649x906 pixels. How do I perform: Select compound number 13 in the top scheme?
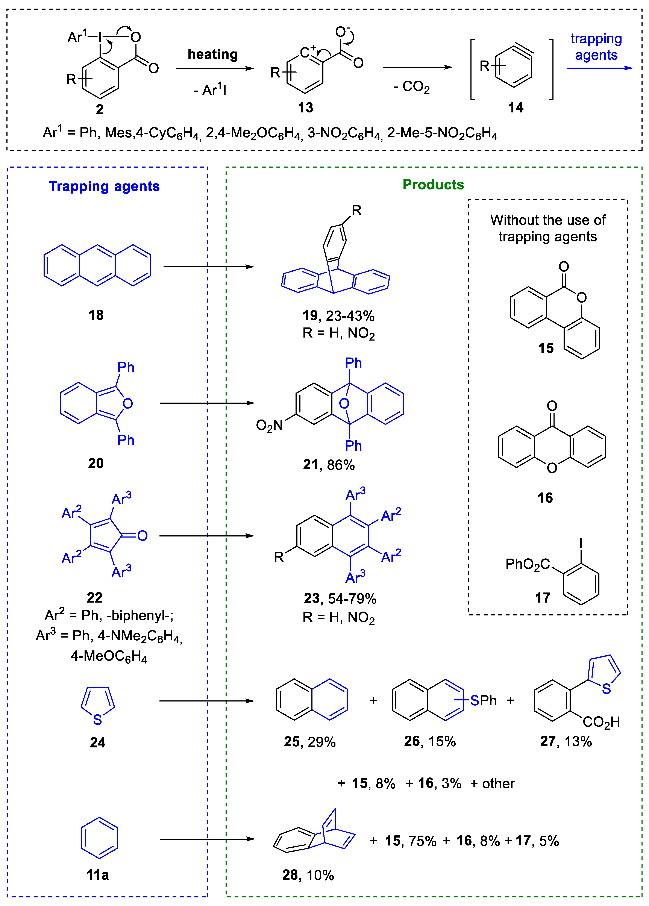[305, 108]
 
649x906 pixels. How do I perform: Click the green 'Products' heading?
[433, 185]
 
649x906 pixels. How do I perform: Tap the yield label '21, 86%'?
[329, 465]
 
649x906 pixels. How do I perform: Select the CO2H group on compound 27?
[601, 722]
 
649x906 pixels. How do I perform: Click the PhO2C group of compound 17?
[528, 564]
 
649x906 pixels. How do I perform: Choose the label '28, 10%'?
[308, 875]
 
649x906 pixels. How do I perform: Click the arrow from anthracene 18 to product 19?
[209, 267]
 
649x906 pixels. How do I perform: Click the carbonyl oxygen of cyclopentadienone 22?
[143, 536]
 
